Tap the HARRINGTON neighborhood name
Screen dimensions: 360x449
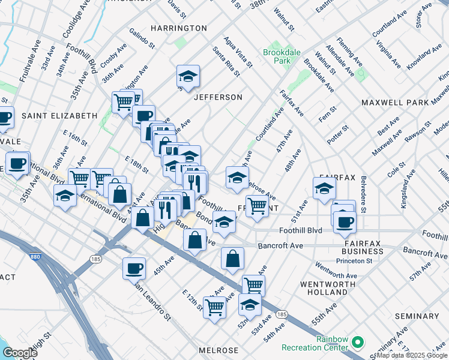click(x=178, y=28)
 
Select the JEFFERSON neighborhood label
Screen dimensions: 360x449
click(x=217, y=97)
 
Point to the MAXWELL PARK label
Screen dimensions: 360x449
click(x=395, y=103)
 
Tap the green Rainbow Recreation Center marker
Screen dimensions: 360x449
click(x=358, y=343)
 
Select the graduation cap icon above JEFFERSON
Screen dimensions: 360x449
click(x=188, y=76)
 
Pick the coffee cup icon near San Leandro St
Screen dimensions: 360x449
click(x=134, y=268)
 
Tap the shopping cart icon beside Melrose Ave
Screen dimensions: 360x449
click(x=257, y=205)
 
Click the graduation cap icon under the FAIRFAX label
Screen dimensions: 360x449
click(x=324, y=188)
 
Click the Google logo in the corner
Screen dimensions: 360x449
click(x=20, y=352)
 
